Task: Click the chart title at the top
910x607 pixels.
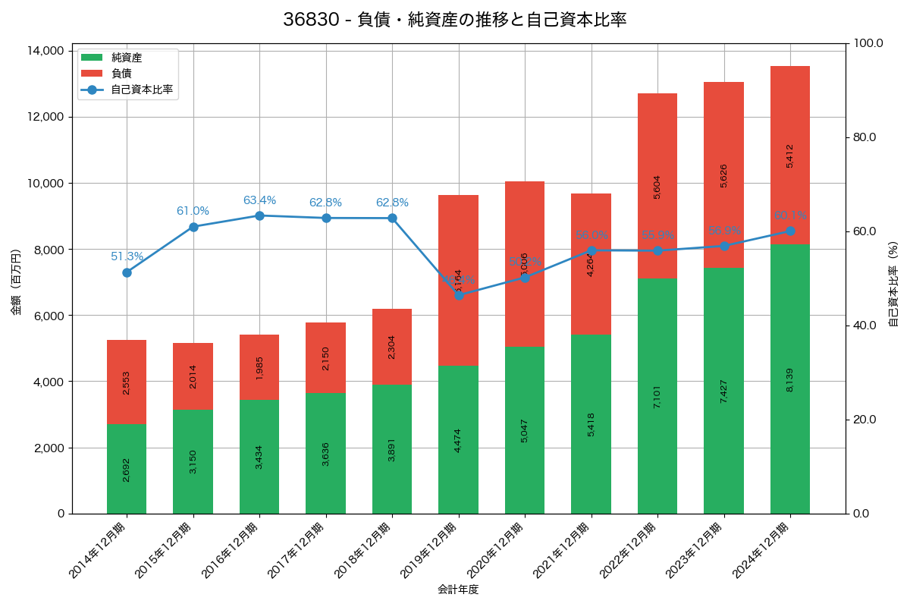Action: [454, 20]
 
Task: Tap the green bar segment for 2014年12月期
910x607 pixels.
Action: [127, 469]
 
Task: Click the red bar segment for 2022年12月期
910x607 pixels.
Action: [657, 186]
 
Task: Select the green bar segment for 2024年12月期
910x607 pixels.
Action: [790, 379]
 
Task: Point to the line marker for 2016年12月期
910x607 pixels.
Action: [259, 215]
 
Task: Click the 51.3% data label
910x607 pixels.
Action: [127, 256]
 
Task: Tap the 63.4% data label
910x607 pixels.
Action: [259, 200]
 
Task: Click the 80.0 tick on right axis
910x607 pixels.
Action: [866, 137]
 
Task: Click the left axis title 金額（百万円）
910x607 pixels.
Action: [16, 282]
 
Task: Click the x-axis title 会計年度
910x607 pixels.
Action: [458, 590]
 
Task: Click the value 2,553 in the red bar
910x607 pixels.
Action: [127, 382]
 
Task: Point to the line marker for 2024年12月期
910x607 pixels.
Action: [790, 231]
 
